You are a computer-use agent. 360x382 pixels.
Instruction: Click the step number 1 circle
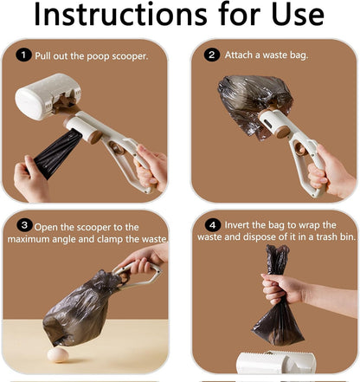coord(23,55)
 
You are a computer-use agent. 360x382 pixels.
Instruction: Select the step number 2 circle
coord(212,55)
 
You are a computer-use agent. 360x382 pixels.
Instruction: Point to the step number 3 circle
coord(24,225)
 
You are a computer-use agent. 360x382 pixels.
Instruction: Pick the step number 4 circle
coord(213,225)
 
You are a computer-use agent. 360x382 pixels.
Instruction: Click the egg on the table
coord(58,355)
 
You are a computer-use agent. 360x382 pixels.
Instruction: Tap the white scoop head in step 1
coord(48,96)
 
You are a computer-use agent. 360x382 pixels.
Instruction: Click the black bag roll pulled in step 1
coord(58,152)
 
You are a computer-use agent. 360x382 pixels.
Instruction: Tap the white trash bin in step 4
coord(276,362)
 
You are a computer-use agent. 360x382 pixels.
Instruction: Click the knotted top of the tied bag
coord(277,259)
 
